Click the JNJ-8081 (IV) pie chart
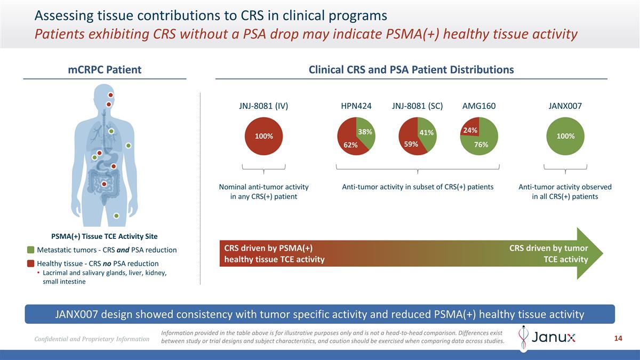click(264, 136)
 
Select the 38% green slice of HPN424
click(365, 131)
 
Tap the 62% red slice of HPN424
click(350, 143)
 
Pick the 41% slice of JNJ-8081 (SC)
click(426, 132)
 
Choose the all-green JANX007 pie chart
click(565, 136)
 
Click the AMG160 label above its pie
click(479, 106)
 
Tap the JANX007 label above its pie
click(565, 106)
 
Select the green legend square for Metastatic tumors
click(31, 250)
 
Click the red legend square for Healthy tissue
click(31, 263)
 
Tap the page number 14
click(619, 338)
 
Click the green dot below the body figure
click(116, 215)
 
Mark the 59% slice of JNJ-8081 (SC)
click(412, 143)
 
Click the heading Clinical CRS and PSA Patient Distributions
click(411, 70)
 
